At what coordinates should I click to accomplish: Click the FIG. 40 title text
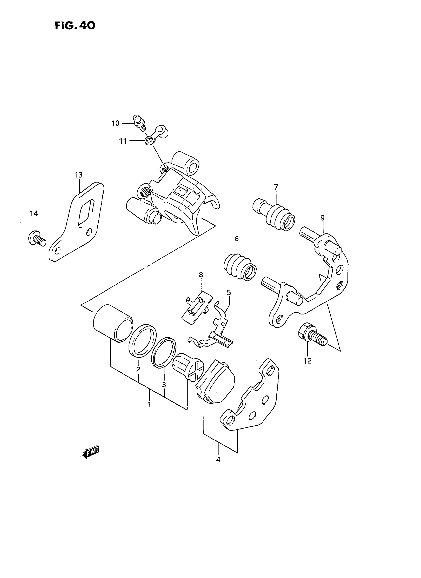click(x=75, y=26)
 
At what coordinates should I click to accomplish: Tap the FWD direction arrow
click(x=91, y=453)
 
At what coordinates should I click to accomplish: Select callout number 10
click(x=115, y=123)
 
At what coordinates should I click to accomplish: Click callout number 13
click(x=79, y=175)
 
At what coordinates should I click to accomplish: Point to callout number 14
click(x=34, y=213)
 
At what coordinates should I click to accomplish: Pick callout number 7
click(x=276, y=187)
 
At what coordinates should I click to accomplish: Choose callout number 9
click(x=323, y=218)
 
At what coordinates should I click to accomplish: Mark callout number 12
click(x=308, y=361)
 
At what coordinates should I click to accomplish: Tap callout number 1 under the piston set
click(x=149, y=405)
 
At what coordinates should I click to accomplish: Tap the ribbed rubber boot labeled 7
click(x=277, y=215)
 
